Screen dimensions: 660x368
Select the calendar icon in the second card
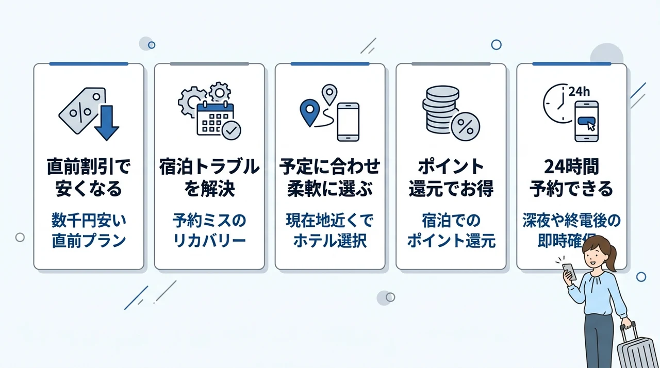tap(215, 119)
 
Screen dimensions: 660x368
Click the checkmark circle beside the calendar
tap(232, 130)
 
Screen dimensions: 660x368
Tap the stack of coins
tap(440, 109)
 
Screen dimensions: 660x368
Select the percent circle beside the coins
tap(466, 127)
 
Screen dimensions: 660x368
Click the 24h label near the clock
tap(579, 92)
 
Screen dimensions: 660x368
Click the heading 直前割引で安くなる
tap(89, 177)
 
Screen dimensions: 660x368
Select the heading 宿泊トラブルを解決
tap(209, 177)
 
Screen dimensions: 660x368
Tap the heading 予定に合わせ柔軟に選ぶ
tap(330, 177)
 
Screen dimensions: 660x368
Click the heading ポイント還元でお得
tap(451, 177)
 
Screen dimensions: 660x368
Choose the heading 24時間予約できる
tap(572, 177)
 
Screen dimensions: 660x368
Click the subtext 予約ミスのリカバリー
tap(209, 231)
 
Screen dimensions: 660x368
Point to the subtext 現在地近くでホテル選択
tap(330, 231)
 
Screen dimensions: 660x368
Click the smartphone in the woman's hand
tap(569, 272)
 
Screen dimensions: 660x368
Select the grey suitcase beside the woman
tap(636, 347)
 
